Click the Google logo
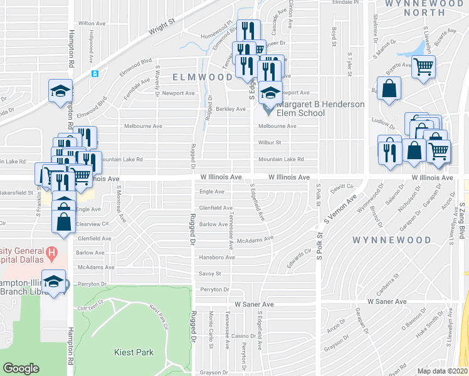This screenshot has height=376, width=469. [21, 368]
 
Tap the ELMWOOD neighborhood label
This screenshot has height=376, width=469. [203, 77]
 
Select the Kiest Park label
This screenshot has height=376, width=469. [134, 352]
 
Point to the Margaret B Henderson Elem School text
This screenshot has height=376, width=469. [320, 108]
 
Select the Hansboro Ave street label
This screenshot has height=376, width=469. [217, 257]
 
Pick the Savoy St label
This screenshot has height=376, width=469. [210, 273]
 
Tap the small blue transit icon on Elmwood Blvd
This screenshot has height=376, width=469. [95, 73]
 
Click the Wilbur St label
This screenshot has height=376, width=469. [270, 142]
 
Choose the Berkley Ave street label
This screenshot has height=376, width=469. [230, 109]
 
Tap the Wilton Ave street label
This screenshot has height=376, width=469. [91, 23]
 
